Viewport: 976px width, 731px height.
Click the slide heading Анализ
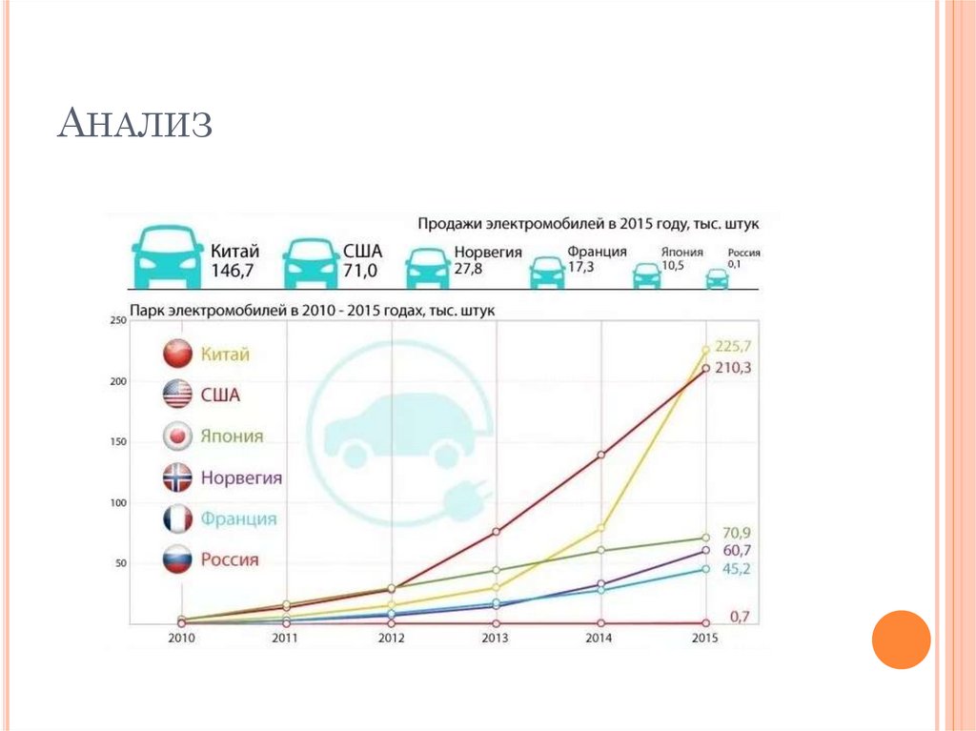tap(134, 126)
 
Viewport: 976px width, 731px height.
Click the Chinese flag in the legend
tap(177, 355)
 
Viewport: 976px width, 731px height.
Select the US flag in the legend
tap(177, 395)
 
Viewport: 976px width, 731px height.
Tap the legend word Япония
tap(232, 437)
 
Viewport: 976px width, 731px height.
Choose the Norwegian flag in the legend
tap(177, 477)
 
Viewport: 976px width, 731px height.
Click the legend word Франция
tap(238, 518)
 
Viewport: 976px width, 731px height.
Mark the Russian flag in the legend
tap(177, 559)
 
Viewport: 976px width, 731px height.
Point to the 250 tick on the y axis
tap(118, 320)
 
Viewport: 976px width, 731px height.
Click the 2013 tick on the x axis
tap(496, 637)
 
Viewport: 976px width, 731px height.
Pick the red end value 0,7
tap(738, 617)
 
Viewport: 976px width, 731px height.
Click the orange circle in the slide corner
tap(901, 640)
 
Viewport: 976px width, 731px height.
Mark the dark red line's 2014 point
tap(601, 455)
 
